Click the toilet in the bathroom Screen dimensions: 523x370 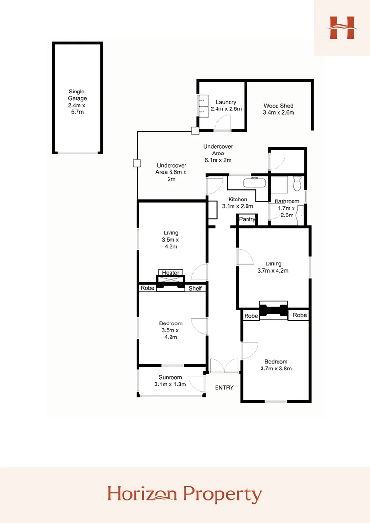[x=297, y=183]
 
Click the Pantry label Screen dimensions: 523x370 [x=247, y=219]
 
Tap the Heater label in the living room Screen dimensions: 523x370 [x=170, y=273]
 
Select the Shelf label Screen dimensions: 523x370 [x=195, y=288]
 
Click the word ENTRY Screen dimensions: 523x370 [x=224, y=388]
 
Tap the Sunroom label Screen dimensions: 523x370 [x=170, y=378]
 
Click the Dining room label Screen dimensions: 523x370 [x=273, y=264]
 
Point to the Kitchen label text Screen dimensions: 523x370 [x=238, y=200]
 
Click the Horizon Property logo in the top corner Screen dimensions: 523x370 [x=342, y=28]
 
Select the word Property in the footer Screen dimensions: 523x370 [x=222, y=494]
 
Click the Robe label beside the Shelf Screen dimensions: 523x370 [x=147, y=288]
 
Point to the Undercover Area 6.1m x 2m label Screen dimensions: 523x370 [x=218, y=153]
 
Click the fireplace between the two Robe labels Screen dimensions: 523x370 [x=274, y=310]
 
